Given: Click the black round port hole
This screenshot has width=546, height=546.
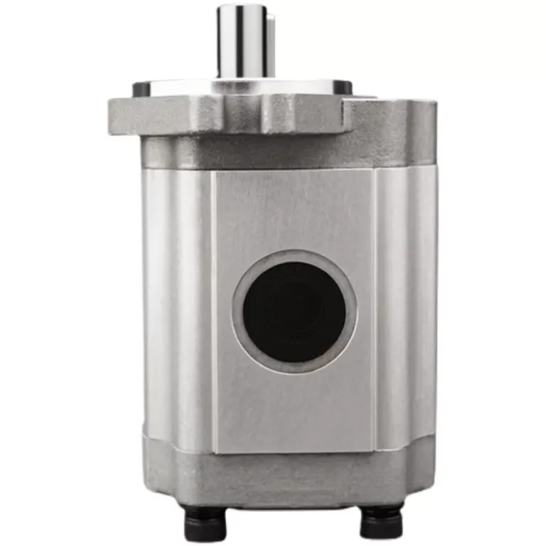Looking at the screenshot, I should pos(294,311).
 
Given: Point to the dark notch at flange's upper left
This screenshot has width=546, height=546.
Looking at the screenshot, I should pos(141,89).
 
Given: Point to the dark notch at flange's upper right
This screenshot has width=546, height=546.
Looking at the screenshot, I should pos(343,87).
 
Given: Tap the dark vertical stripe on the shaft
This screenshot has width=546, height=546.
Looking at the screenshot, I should pos(243,43).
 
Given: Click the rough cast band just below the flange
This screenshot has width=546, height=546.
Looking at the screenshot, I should pos(284,153).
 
